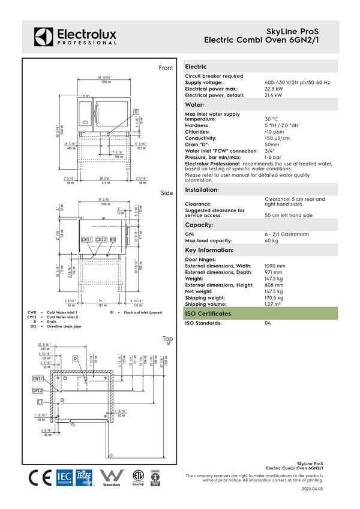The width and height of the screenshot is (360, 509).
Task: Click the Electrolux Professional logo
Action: coord(75,36)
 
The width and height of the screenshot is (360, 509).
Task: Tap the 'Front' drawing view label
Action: coord(166,68)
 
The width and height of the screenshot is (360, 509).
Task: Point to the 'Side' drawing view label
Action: coord(167,193)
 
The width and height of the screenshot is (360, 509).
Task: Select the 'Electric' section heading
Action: coord(196,67)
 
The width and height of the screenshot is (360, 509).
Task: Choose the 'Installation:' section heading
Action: coord(202,189)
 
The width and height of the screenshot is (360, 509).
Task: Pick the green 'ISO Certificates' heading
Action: coord(207,314)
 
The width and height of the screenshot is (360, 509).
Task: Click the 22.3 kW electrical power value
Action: coord(273,89)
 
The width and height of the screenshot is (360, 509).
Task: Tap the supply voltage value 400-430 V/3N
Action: coord(297,82)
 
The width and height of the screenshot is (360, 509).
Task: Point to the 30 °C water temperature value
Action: coord(271,119)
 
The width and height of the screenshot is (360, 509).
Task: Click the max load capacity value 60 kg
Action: coord(271,240)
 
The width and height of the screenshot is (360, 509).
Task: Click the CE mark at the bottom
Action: coord(40,478)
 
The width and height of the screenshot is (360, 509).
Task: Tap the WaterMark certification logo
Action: coord(111,478)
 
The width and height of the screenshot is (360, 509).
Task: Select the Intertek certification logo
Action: coord(139,477)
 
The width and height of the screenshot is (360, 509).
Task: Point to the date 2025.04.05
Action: coord(312,489)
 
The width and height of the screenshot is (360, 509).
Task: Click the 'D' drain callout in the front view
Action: coord(136,112)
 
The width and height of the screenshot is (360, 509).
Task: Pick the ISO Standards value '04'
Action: coord(268,323)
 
